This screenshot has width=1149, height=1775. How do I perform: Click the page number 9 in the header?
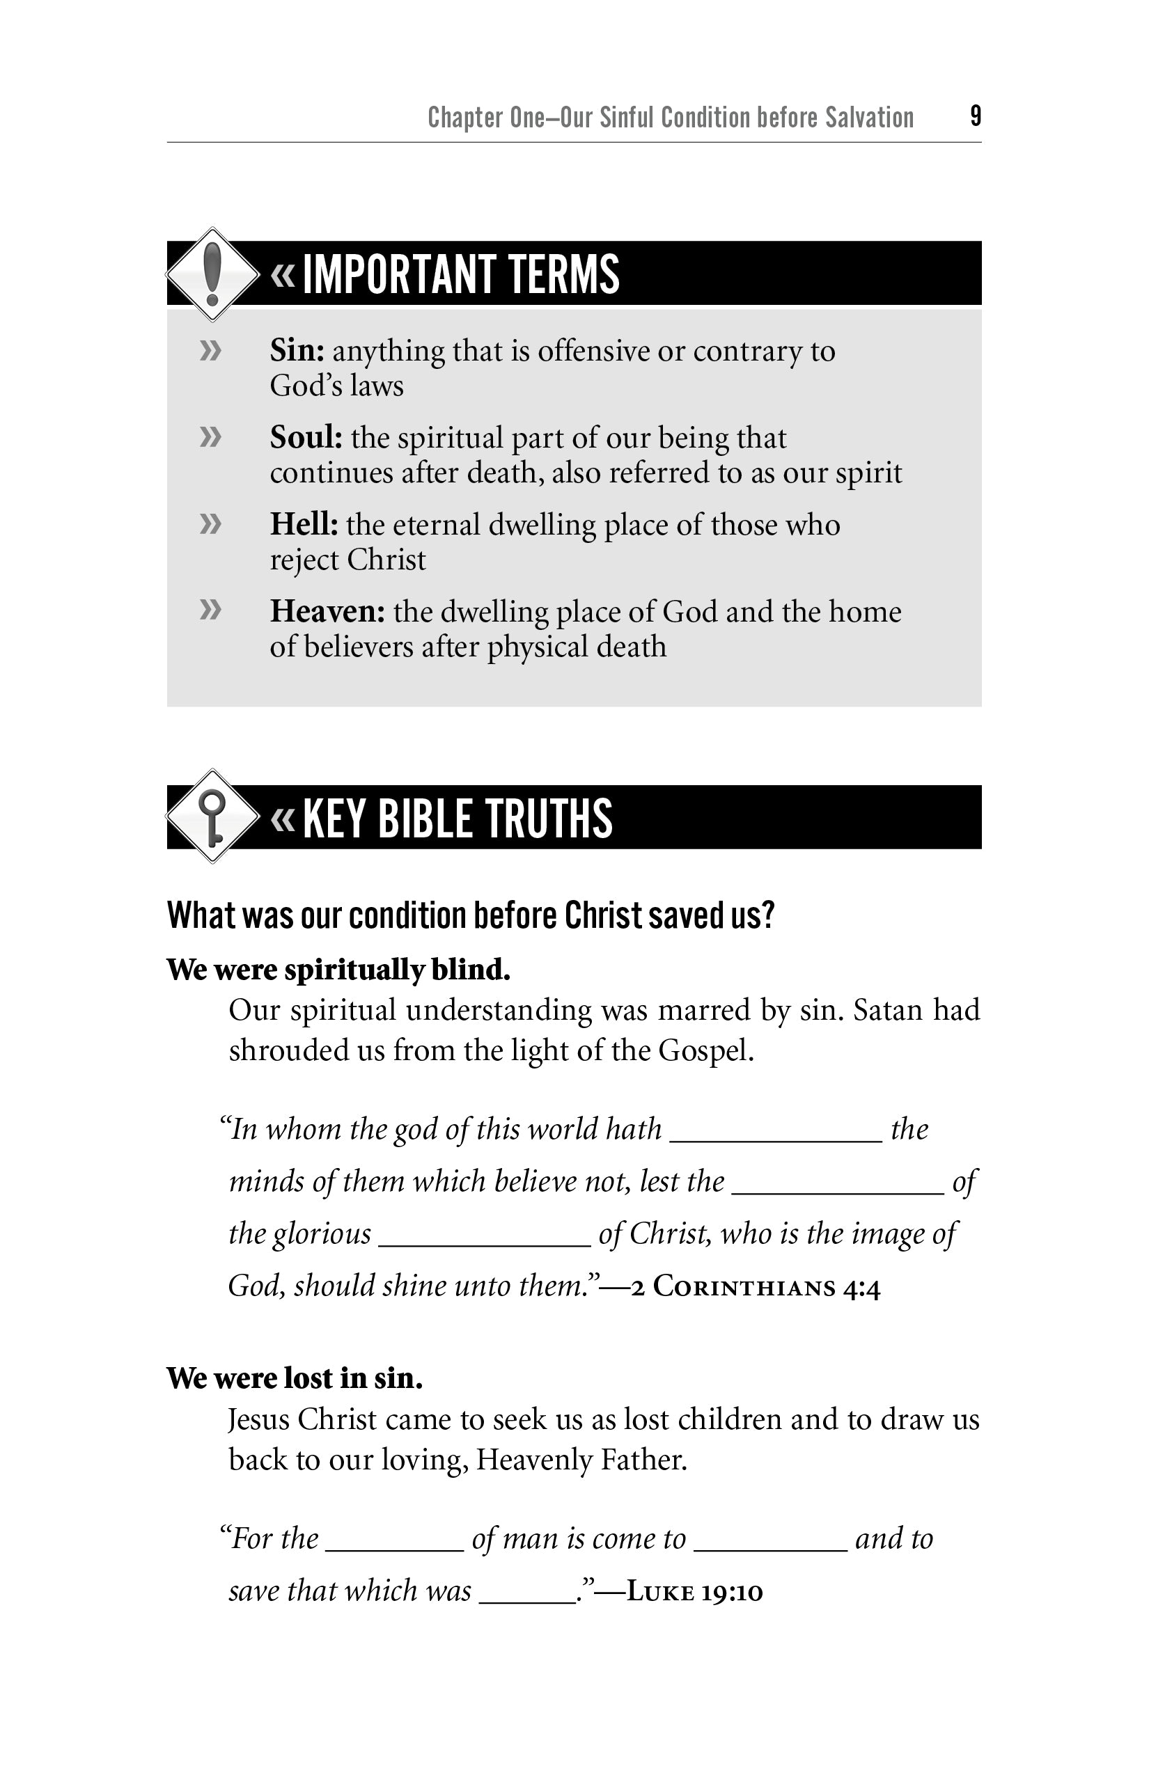coord(975,116)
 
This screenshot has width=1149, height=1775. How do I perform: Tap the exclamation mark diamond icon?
coord(212,274)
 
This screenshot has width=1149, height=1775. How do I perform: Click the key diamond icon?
coord(212,816)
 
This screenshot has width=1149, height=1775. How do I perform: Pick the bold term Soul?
coord(306,438)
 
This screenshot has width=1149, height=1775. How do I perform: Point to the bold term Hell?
coord(304,525)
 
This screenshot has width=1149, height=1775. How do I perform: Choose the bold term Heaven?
coord(327,612)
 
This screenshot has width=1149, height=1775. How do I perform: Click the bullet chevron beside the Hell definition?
coord(210,523)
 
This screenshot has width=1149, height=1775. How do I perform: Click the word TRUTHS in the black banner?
coord(549,818)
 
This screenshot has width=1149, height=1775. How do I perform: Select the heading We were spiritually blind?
coord(338,970)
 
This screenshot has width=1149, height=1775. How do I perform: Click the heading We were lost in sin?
coord(295,1378)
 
